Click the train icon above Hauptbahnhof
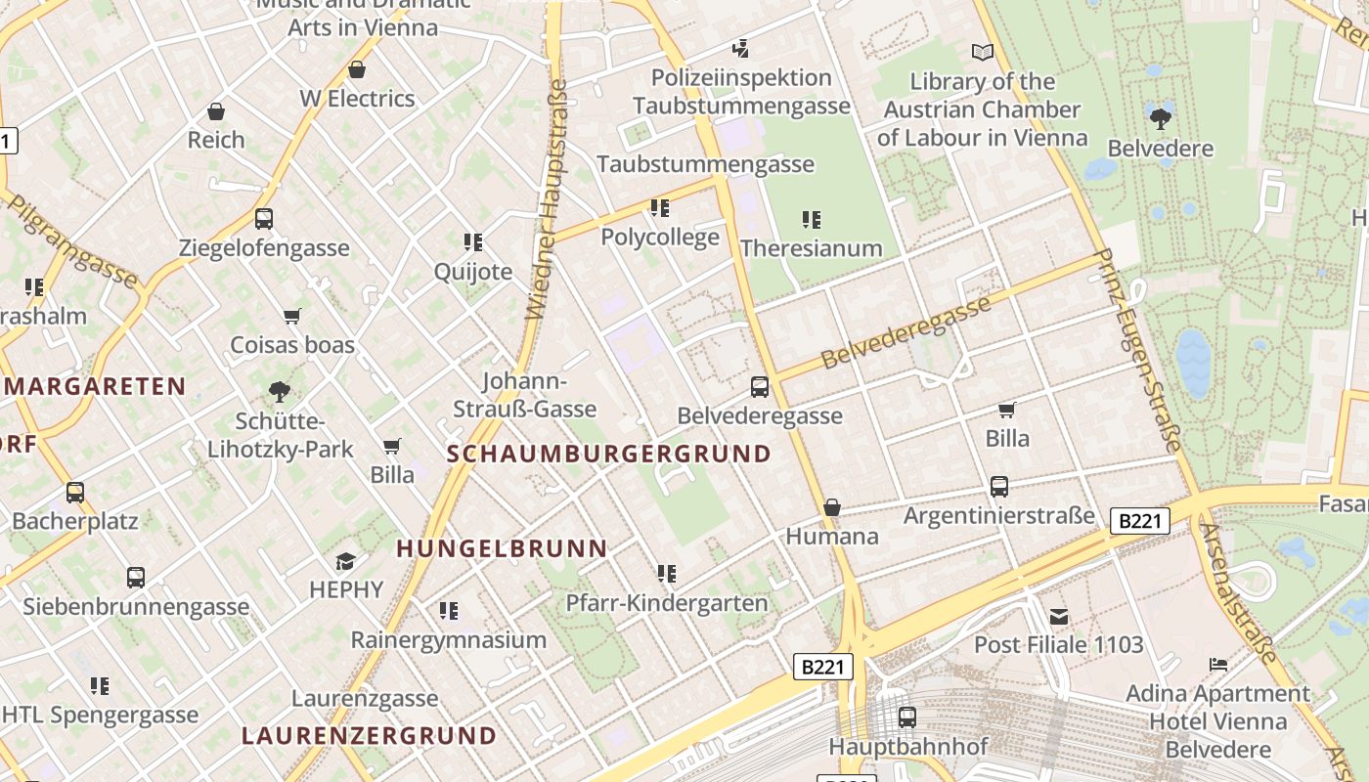pos(907,717)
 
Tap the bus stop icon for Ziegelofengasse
pos(264,219)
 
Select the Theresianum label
pos(811,248)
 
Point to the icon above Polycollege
pos(660,208)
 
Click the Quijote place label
pos(473,272)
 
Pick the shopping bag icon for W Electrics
pos(357,70)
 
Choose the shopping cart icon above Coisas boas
pos(291,316)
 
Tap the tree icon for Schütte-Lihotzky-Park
pos(280,393)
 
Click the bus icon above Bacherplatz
pos(75,493)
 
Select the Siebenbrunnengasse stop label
pos(136,607)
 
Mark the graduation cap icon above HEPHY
pos(346,561)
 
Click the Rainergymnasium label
pos(449,640)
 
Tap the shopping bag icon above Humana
pos(832,507)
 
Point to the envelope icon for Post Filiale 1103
pos(1059,616)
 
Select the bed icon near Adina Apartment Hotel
pos(1218,665)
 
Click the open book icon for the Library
pos(983,52)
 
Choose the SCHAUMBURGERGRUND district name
pos(609,454)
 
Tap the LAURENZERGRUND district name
pos(369,735)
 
